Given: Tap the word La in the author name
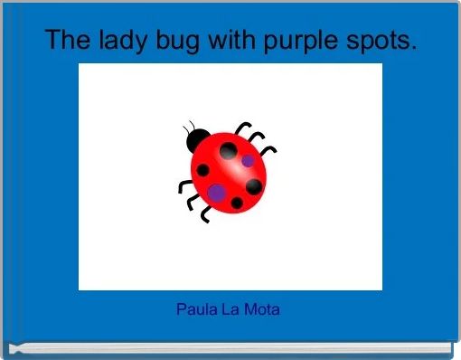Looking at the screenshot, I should pyautogui.click(x=230, y=309).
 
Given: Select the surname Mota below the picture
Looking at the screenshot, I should pyautogui.click(x=262, y=309).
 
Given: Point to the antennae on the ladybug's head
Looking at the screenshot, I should pyautogui.click(x=188, y=126).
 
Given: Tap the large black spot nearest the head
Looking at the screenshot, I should pyautogui.click(x=229, y=149).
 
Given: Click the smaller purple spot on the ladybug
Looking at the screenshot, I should pyautogui.click(x=248, y=161).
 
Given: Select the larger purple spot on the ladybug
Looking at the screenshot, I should pyautogui.click(x=217, y=192).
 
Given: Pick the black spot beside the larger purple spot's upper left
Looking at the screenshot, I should pyautogui.click(x=204, y=170).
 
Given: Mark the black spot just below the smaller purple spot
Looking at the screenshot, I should pyautogui.click(x=254, y=186).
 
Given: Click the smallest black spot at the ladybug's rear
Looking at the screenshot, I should pyautogui.click(x=237, y=203).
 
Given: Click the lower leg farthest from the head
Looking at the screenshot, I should pyautogui.click(x=205, y=215).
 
